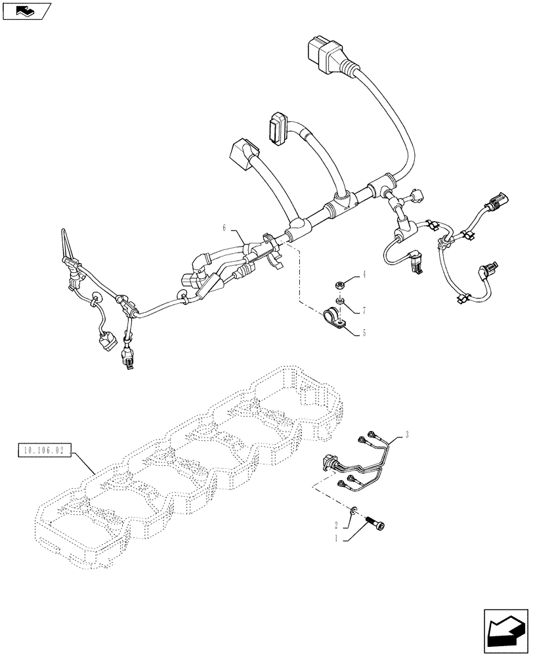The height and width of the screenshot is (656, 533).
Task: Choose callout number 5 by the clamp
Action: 364,333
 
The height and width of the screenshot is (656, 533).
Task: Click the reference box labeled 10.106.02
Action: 40,451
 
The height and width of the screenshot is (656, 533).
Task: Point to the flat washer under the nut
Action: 339,300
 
